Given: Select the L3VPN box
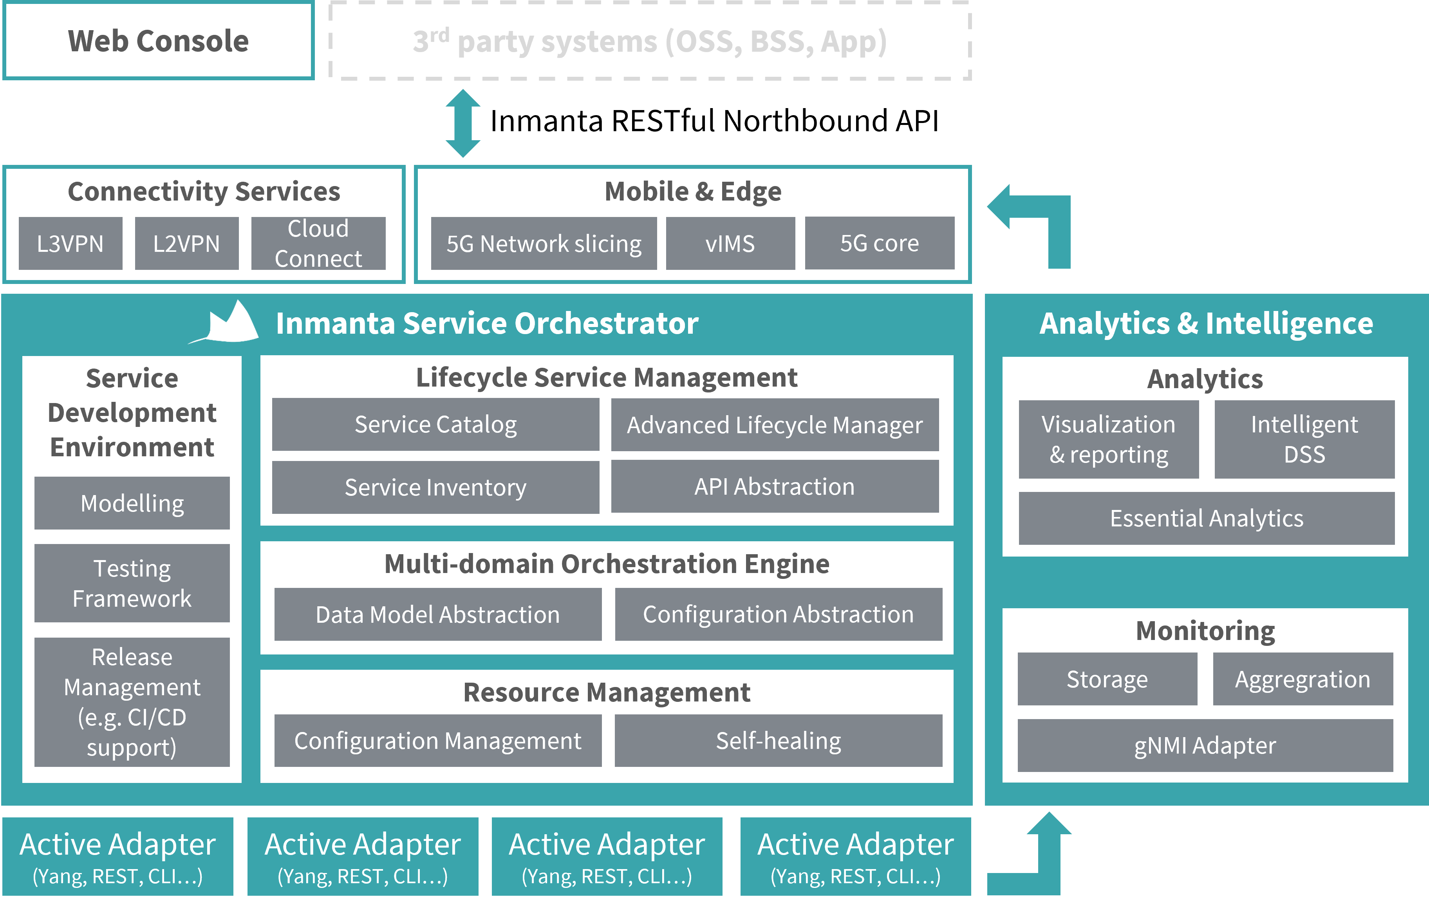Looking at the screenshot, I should pos(70,243).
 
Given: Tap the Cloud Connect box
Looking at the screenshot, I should pos(318,243).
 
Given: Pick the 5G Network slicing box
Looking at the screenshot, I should pos(544,243).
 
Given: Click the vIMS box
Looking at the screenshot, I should pos(730,243).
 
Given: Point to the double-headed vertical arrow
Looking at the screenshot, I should pos(463,123).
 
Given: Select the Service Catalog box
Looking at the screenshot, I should pos(435,424).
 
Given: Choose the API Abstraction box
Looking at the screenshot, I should pos(775,486).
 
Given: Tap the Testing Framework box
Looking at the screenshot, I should pos(132,583).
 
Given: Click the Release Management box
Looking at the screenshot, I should pos(132,701).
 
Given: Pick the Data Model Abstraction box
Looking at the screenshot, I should pos(437,614).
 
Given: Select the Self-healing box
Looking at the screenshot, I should pos(778,741).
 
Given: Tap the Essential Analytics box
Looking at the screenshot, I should pos(1207,518).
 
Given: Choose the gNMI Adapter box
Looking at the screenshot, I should pos(1205,745).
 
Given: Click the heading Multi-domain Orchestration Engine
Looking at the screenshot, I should pos(607,564).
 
